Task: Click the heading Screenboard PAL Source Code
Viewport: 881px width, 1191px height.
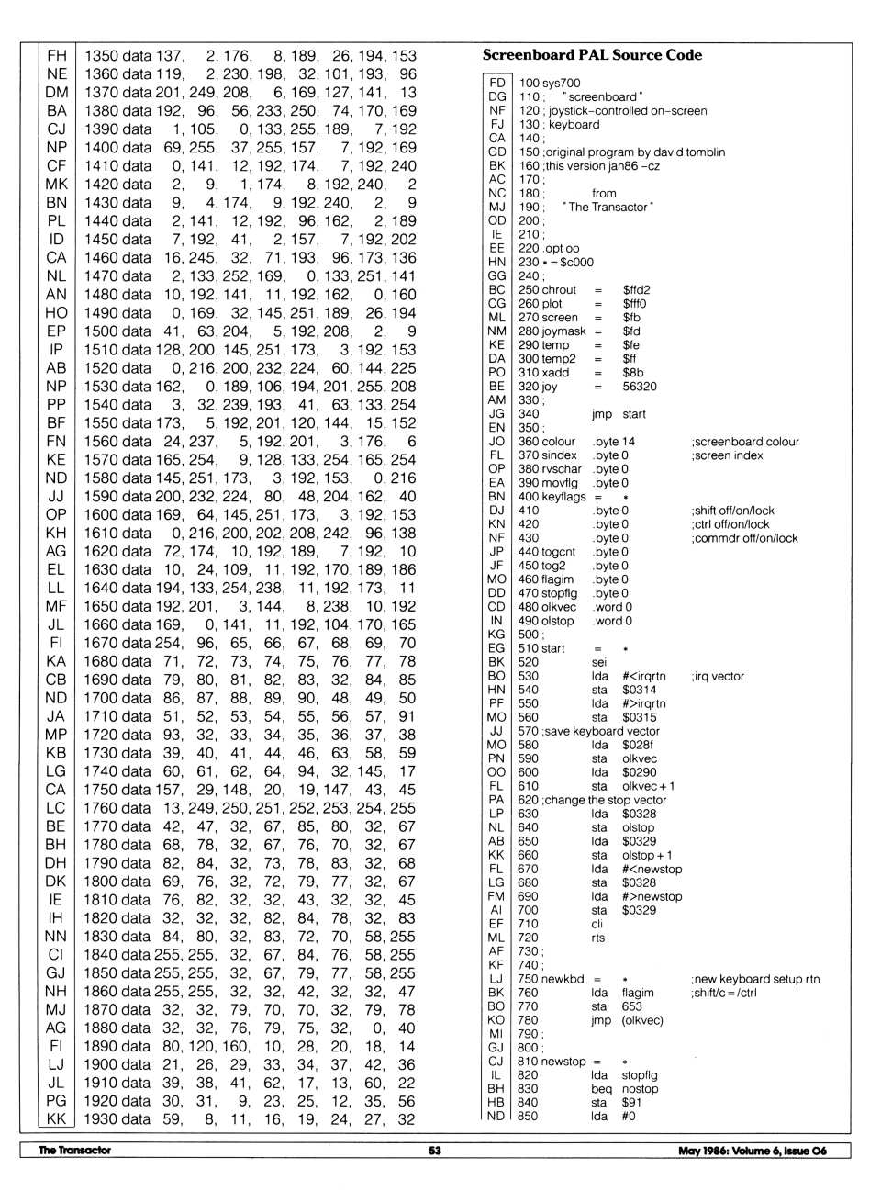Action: coord(592,55)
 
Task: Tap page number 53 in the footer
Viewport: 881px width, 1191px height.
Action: coord(434,1151)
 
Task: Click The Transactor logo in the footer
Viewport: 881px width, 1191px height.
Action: coord(74,1151)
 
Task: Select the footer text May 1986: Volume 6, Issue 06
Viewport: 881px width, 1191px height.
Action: coord(752,1151)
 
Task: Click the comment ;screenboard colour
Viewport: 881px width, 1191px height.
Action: coord(744,442)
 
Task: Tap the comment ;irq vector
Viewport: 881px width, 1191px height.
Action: coord(717,676)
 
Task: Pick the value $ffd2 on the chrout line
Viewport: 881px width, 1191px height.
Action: coord(636,290)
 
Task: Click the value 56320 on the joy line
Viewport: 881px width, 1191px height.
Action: coord(640,387)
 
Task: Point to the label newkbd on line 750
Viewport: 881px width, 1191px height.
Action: coord(563,979)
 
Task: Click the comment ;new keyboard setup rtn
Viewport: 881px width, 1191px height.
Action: coord(754,979)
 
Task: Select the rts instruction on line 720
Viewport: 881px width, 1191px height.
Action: coord(598,938)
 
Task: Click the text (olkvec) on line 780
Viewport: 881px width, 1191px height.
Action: coord(641,1020)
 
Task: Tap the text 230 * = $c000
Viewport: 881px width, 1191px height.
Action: coord(555,263)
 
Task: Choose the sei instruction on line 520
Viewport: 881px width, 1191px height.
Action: coord(598,662)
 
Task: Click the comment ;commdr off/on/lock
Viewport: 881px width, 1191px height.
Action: coord(744,538)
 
